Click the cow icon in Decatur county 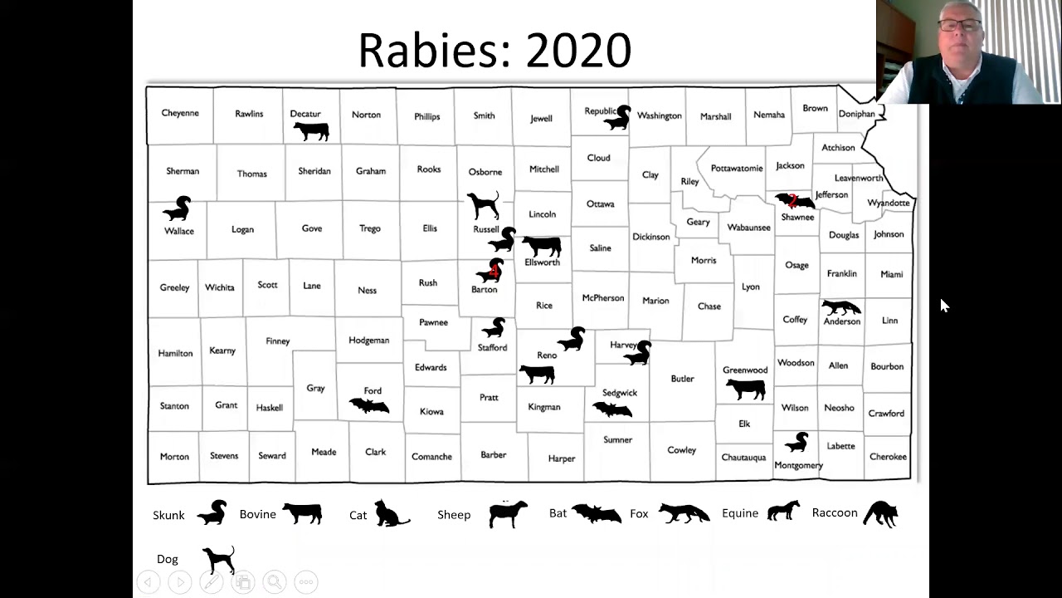[x=311, y=130]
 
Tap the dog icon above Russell [x=483, y=204]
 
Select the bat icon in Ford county [x=369, y=405]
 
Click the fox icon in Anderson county [x=840, y=307]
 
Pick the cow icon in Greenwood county [x=745, y=388]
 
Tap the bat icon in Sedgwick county [x=612, y=409]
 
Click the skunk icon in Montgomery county [x=796, y=442]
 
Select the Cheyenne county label [x=180, y=114]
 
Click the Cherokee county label [x=888, y=457]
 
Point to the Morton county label [x=174, y=457]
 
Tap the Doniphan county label [x=856, y=114]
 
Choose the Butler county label [x=682, y=379]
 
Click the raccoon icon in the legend [x=880, y=514]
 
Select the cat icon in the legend [x=390, y=514]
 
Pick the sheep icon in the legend [x=508, y=514]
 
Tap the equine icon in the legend [x=783, y=511]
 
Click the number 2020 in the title [x=578, y=51]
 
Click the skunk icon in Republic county [x=618, y=119]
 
